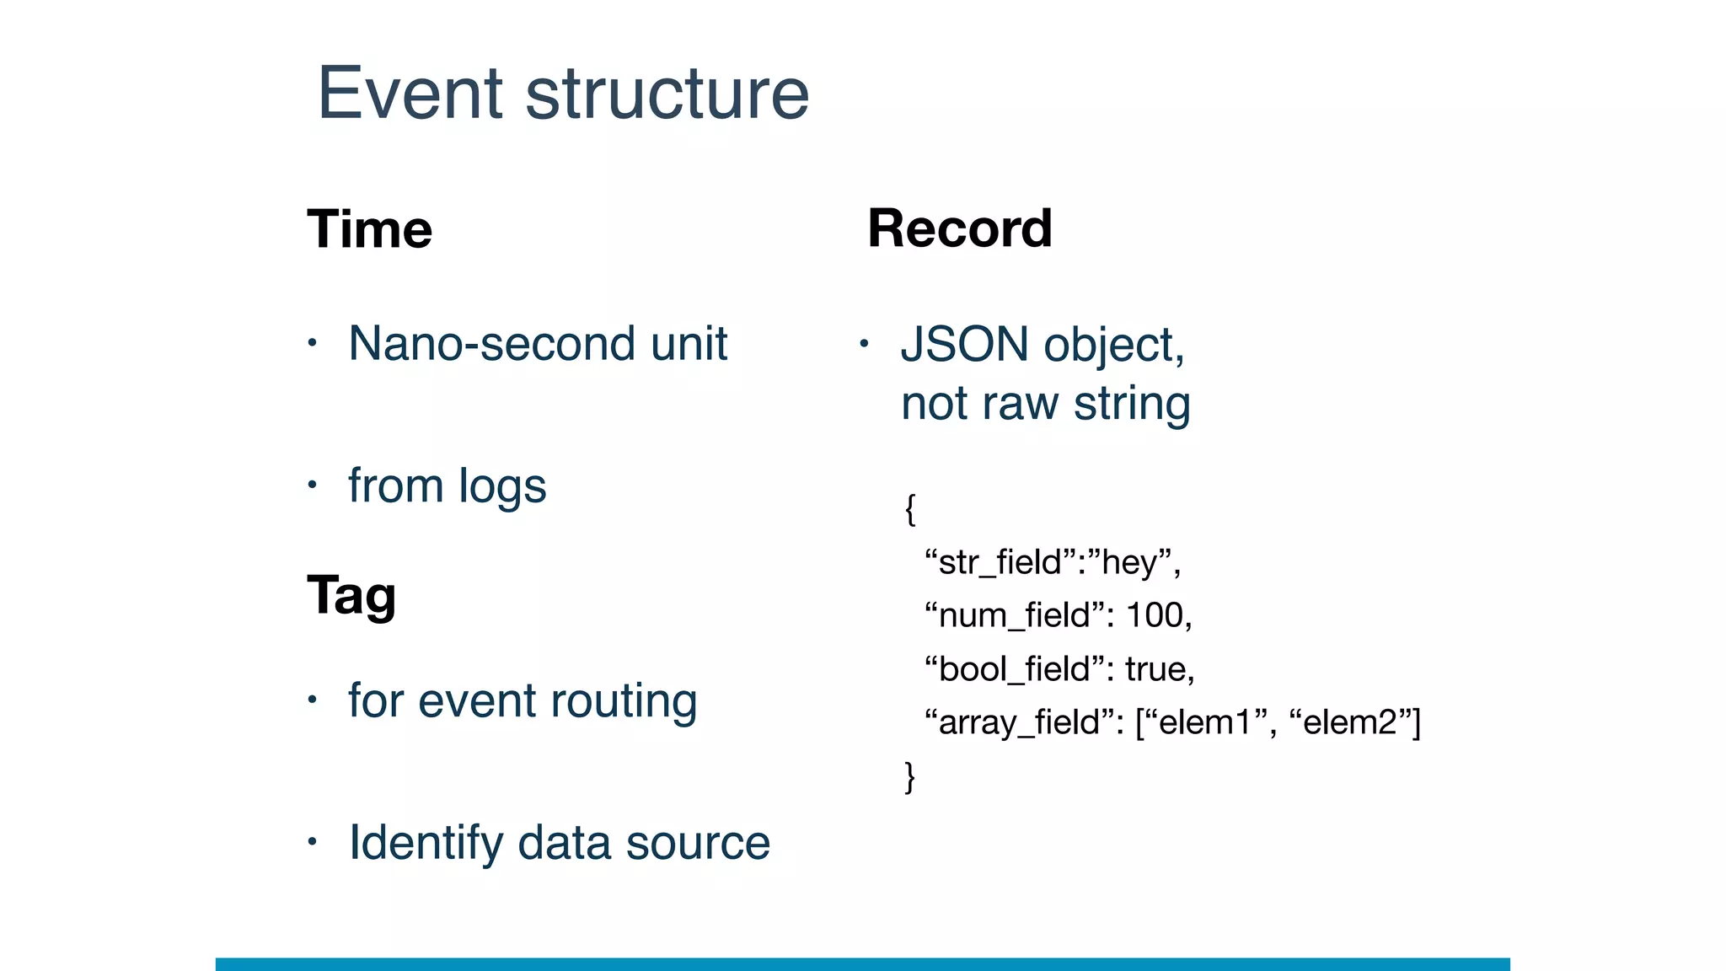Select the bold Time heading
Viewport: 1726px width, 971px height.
pyautogui.click(x=369, y=229)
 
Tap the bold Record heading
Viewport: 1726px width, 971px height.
pyautogui.click(x=960, y=228)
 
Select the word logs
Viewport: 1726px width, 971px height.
pyautogui.click(x=502, y=487)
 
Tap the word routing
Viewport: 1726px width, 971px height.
pyautogui.click(x=623, y=701)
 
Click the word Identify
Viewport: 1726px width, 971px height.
pyautogui.click(x=426, y=843)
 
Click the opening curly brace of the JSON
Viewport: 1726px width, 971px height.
pyautogui.click(x=910, y=509)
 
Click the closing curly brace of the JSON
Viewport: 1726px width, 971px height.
pyautogui.click(x=910, y=775)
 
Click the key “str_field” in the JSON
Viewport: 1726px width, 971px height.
pyautogui.click(x=999, y=562)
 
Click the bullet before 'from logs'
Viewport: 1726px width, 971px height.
pyautogui.click(x=312, y=485)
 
